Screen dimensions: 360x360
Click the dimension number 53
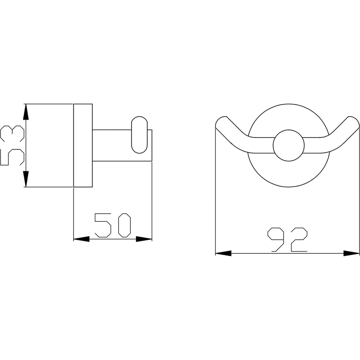[12, 145]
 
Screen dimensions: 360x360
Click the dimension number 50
[113, 225]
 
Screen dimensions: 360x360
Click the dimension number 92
[287, 239]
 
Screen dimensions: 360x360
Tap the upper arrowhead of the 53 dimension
[26, 112]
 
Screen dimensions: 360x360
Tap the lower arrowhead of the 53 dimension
[26, 179]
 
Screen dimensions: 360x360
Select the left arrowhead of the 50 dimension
[81, 239]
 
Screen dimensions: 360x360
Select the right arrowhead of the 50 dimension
[144, 239]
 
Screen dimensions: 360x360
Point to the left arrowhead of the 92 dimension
[224, 253]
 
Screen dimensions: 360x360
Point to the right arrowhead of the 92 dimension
[351, 253]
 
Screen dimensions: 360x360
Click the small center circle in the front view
[289, 145]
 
